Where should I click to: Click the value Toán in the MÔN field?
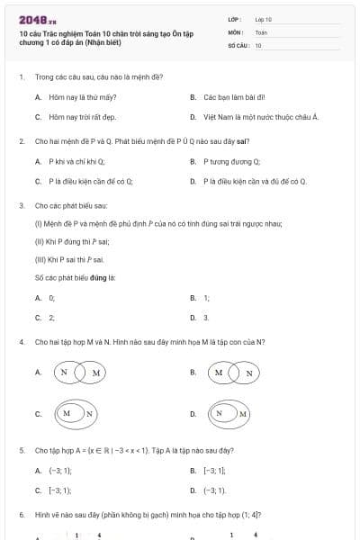pyautogui.click(x=261, y=31)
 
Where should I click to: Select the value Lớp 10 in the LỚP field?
pyautogui.click(x=263, y=18)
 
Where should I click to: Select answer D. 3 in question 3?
pyautogui.click(x=206, y=318)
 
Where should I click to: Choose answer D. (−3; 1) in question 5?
pyautogui.click(x=214, y=490)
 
